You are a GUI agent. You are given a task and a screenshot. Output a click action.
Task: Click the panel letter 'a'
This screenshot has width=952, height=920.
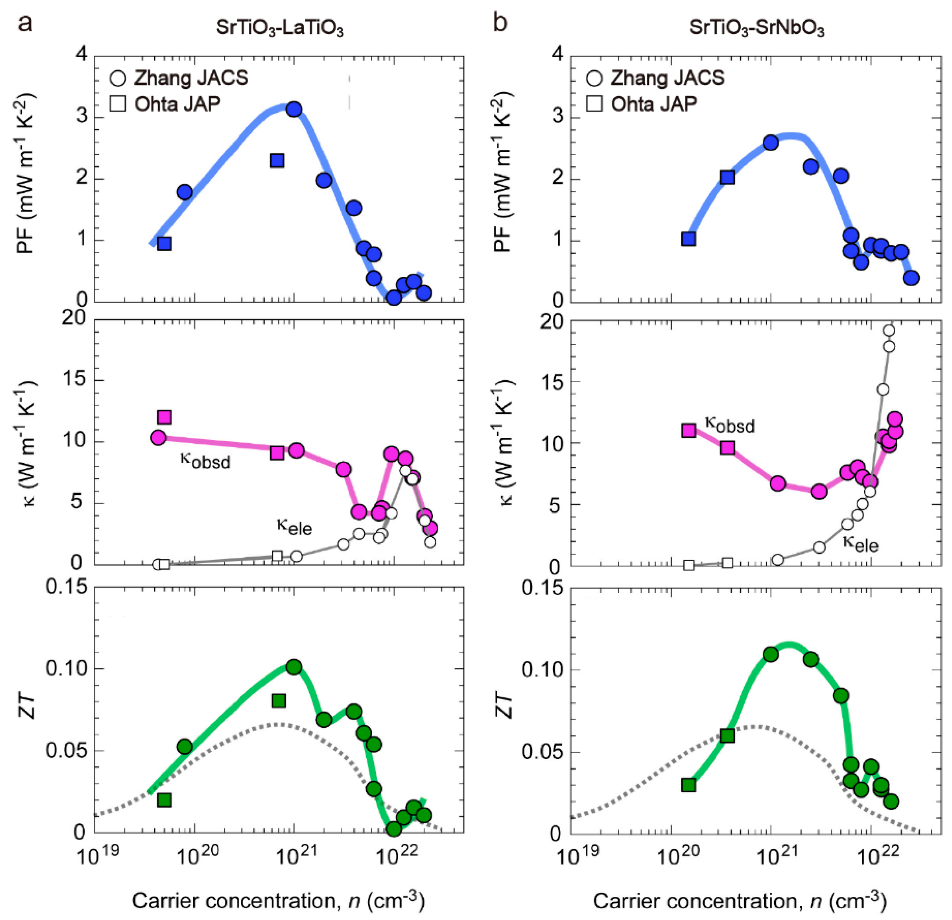tap(25, 23)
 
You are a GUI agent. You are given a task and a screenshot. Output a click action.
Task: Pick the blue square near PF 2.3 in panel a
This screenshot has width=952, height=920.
tap(277, 160)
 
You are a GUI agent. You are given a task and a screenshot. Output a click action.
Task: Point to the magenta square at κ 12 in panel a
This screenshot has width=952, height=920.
tap(165, 417)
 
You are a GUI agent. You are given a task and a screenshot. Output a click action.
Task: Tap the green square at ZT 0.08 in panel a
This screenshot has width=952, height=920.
tap(278, 701)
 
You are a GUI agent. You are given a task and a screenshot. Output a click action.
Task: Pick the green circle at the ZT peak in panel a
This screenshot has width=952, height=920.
tap(294, 667)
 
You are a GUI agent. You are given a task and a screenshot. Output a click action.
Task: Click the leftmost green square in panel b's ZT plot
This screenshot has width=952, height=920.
tap(688, 785)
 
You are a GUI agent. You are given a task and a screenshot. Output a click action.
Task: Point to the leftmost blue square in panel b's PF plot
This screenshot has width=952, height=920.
tap(688, 239)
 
